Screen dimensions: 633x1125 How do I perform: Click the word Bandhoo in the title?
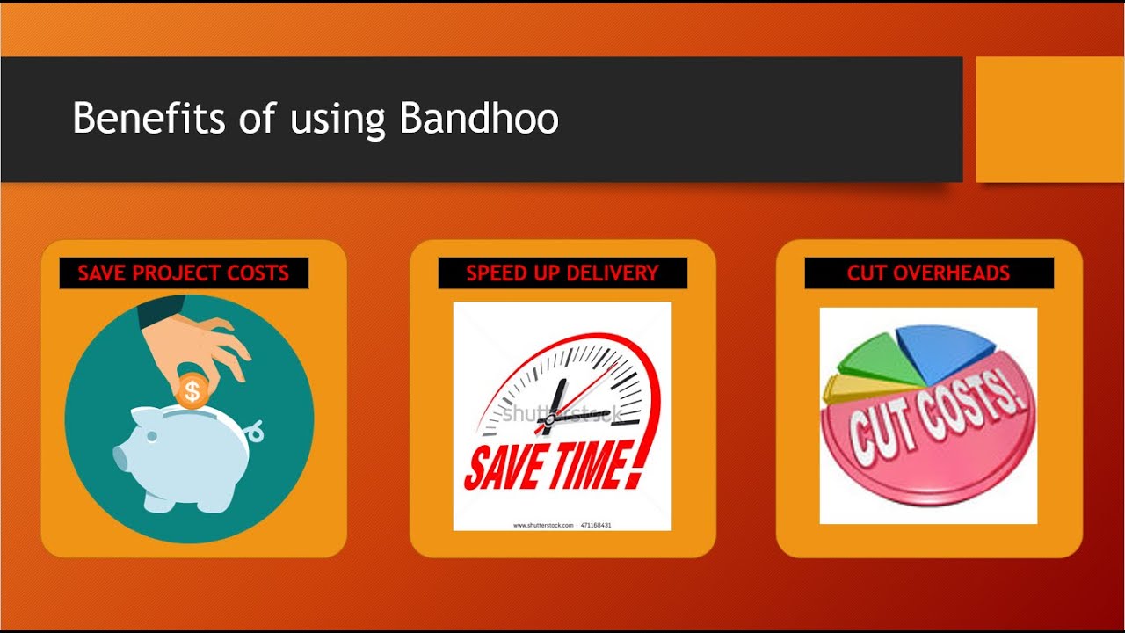point(479,119)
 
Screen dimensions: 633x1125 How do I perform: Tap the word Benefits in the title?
point(149,119)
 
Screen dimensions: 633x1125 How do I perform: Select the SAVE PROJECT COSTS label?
point(184,273)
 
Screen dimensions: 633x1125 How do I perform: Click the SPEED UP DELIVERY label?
point(562,273)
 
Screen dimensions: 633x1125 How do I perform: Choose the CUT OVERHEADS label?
point(929,273)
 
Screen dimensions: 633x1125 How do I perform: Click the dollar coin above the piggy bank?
point(192,390)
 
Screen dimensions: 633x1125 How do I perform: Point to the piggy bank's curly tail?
point(255,431)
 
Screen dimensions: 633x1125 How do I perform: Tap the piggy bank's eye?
point(152,436)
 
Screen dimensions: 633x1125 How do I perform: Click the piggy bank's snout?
point(123,459)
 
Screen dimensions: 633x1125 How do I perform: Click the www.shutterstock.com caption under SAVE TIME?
point(541,525)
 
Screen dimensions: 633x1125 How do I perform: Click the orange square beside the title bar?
point(1049,119)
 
